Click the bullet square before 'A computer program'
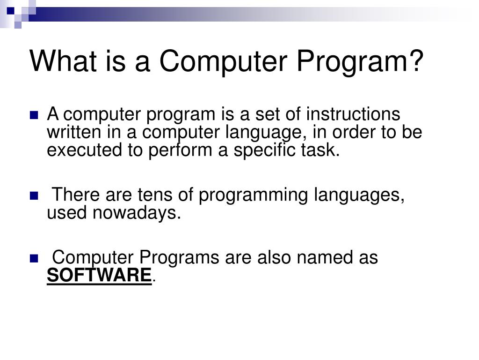point(34,115)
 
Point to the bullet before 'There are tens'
point(34,196)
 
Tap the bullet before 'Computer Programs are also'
point(34,259)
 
